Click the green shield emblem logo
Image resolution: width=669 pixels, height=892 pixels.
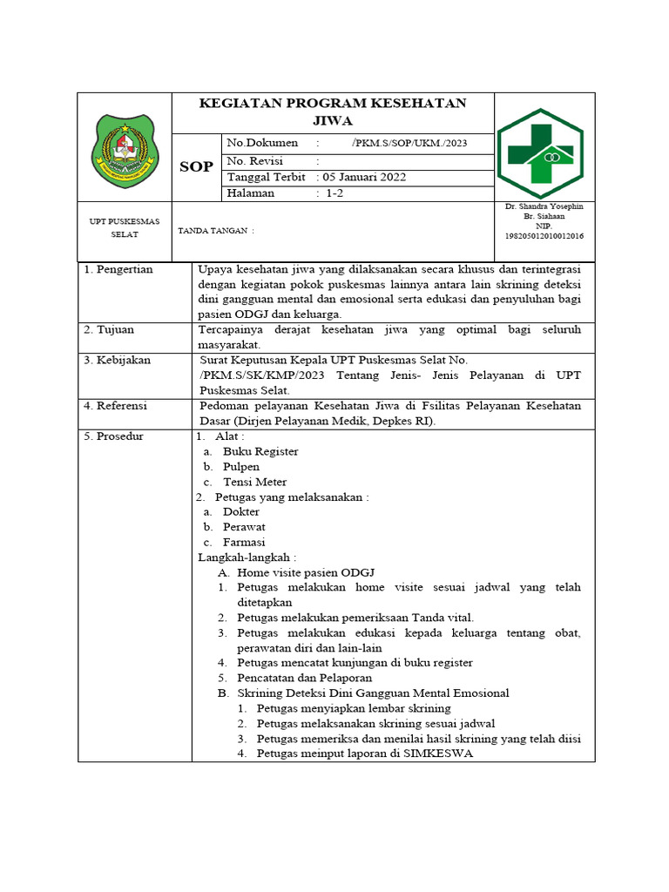click(126, 152)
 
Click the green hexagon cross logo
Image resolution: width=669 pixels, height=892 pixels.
click(540, 152)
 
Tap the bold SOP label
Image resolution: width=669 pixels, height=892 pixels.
click(196, 166)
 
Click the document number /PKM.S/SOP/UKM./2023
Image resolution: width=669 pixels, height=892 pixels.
click(409, 143)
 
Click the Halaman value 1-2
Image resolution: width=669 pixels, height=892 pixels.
click(335, 193)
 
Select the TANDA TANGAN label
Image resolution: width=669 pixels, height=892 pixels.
click(215, 231)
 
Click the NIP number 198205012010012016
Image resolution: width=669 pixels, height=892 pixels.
click(544, 236)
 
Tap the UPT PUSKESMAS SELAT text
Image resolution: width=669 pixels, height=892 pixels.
click(125, 228)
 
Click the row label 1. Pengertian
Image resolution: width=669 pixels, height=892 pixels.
click(118, 269)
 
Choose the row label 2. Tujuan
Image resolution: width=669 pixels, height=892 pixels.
click(109, 330)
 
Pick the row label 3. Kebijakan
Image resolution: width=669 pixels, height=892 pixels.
click(117, 360)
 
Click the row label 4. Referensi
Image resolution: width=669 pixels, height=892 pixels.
click(116, 406)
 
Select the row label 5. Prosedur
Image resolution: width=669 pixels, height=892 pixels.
click(113, 436)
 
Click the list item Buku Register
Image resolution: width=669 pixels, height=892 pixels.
click(260, 451)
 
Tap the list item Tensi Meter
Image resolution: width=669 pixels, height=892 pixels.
click(254, 482)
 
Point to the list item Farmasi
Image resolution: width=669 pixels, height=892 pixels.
click(244, 542)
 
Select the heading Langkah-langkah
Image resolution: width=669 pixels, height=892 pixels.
click(247, 557)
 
